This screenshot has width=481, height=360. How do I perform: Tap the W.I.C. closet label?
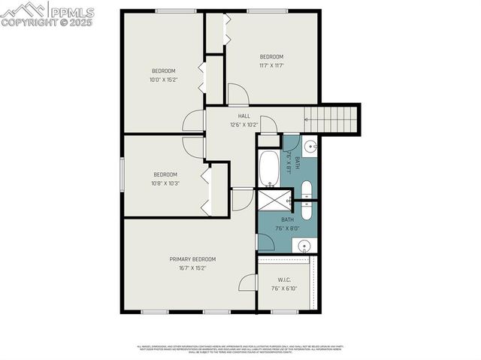click(283, 280)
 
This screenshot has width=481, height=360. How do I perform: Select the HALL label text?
click(244, 116)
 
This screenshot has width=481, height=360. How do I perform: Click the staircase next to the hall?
click(330, 117)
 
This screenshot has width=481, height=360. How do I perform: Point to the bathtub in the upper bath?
click(268, 169)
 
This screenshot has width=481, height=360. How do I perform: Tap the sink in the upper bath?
click(310, 146)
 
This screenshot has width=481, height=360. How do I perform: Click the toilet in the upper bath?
click(307, 187)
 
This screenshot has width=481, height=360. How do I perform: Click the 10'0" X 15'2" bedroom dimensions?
click(163, 79)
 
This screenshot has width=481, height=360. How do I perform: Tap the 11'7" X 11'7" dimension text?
click(271, 65)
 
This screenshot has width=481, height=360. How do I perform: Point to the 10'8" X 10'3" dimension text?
click(165, 183)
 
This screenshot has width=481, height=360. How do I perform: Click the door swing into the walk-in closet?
click(247, 283)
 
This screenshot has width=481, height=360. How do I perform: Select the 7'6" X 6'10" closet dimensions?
click(283, 288)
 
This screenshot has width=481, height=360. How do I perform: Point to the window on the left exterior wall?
click(123, 175)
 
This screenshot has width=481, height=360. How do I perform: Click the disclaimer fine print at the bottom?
click(240, 349)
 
